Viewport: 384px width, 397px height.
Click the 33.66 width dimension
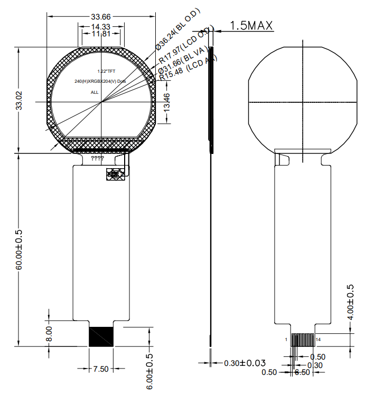point(101,16)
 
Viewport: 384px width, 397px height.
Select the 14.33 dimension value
point(101,26)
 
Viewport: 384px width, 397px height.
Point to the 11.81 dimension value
point(101,34)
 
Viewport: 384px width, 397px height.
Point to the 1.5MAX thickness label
point(250,25)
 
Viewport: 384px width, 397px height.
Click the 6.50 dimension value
point(302,372)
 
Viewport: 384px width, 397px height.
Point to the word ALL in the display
point(95,92)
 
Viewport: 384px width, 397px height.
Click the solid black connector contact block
point(101,336)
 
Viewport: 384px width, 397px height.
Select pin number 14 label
point(318,340)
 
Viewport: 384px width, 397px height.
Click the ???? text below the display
point(98,158)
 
